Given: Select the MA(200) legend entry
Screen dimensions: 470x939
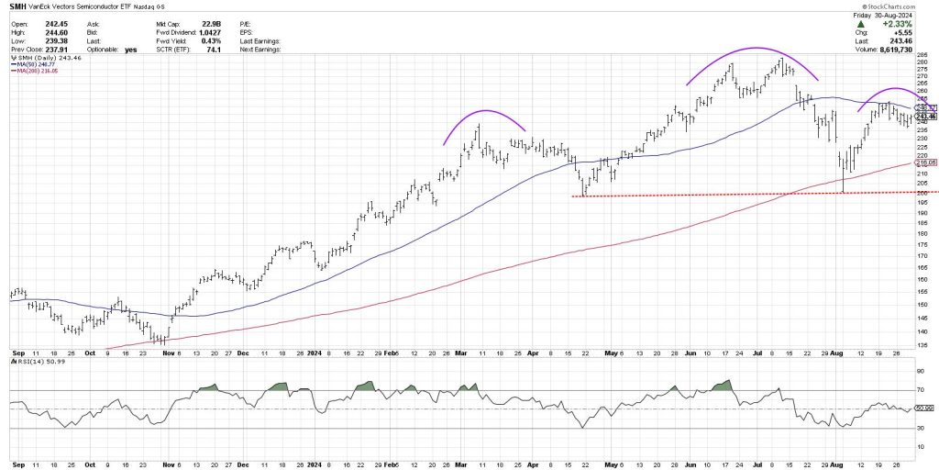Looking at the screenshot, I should point(36,71).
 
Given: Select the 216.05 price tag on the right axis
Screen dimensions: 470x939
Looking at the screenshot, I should point(924,162).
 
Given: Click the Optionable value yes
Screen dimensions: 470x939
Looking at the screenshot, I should point(129,49).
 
